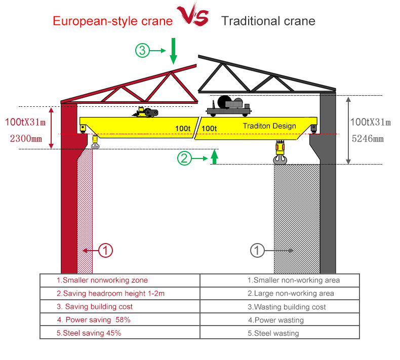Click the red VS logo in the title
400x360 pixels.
coord(192,16)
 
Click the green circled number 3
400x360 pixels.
coord(142,51)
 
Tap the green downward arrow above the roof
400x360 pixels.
coord(173,50)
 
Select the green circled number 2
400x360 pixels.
coord(184,158)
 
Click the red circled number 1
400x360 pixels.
coord(105,250)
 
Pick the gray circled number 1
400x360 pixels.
coord(257,250)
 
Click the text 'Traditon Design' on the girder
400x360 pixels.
coord(269,126)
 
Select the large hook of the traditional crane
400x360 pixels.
coord(279,153)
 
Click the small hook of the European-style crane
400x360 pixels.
coord(95,142)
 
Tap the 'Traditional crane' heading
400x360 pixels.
coord(268,21)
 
